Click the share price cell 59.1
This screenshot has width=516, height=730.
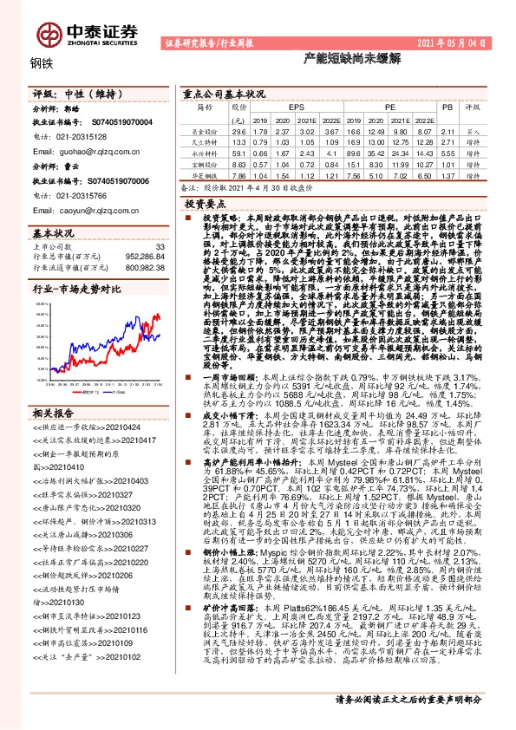click(x=240, y=153)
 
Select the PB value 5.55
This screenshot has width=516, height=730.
click(x=447, y=153)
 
